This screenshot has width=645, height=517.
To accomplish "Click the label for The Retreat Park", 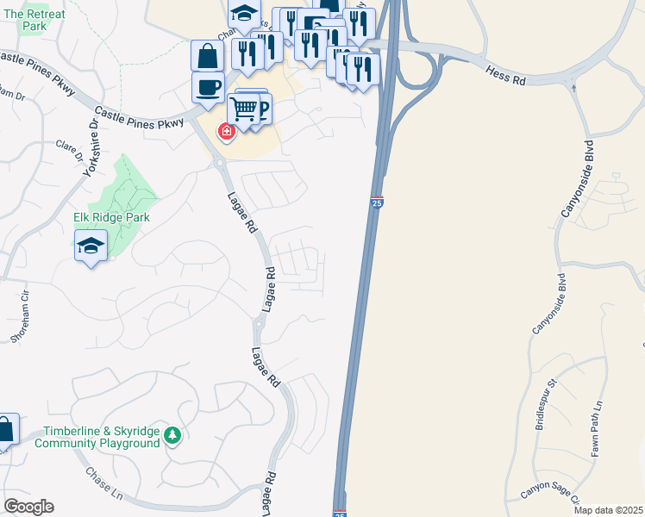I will tap(34, 21).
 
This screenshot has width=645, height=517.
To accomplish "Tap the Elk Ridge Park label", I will tap(111, 217).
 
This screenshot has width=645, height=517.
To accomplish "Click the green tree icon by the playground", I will tap(172, 436).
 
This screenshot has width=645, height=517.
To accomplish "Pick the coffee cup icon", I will tap(208, 88).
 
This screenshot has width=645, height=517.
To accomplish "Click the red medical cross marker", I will tap(226, 132).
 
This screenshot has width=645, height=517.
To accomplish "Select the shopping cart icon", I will tap(244, 109).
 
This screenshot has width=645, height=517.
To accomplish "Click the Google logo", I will tap(28, 507).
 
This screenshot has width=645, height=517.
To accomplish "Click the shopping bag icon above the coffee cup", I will tap(208, 56).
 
